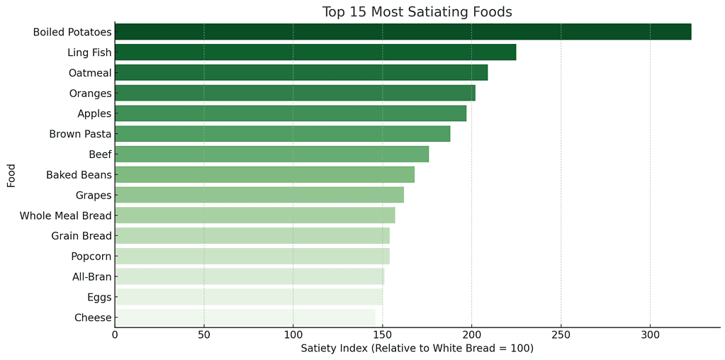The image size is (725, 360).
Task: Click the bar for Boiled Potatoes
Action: [x=403, y=32]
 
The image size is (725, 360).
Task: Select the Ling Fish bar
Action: [x=315, y=52]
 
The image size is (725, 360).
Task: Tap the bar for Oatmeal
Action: [x=301, y=73]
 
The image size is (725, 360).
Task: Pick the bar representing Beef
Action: [x=271, y=154]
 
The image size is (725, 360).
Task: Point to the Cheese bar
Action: [x=245, y=317]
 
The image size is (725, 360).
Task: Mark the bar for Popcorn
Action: [x=252, y=257]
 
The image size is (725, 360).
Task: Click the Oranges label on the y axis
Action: [x=90, y=94]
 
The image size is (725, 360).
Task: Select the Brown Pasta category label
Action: [x=80, y=134]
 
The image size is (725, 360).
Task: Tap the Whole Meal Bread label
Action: [x=65, y=215]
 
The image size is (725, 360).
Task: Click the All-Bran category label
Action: [x=91, y=277]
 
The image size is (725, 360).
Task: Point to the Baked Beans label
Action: [x=79, y=175]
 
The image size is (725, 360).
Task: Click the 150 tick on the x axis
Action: [x=383, y=334]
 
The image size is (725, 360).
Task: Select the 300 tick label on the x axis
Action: [x=650, y=334]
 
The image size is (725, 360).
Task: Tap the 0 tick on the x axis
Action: [x=115, y=334]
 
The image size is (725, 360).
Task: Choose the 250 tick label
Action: [x=561, y=334]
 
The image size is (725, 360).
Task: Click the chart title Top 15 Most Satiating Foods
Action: [x=417, y=12]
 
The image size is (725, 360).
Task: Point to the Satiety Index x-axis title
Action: [x=417, y=349]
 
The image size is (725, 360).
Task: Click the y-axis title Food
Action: [x=11, y=175]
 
